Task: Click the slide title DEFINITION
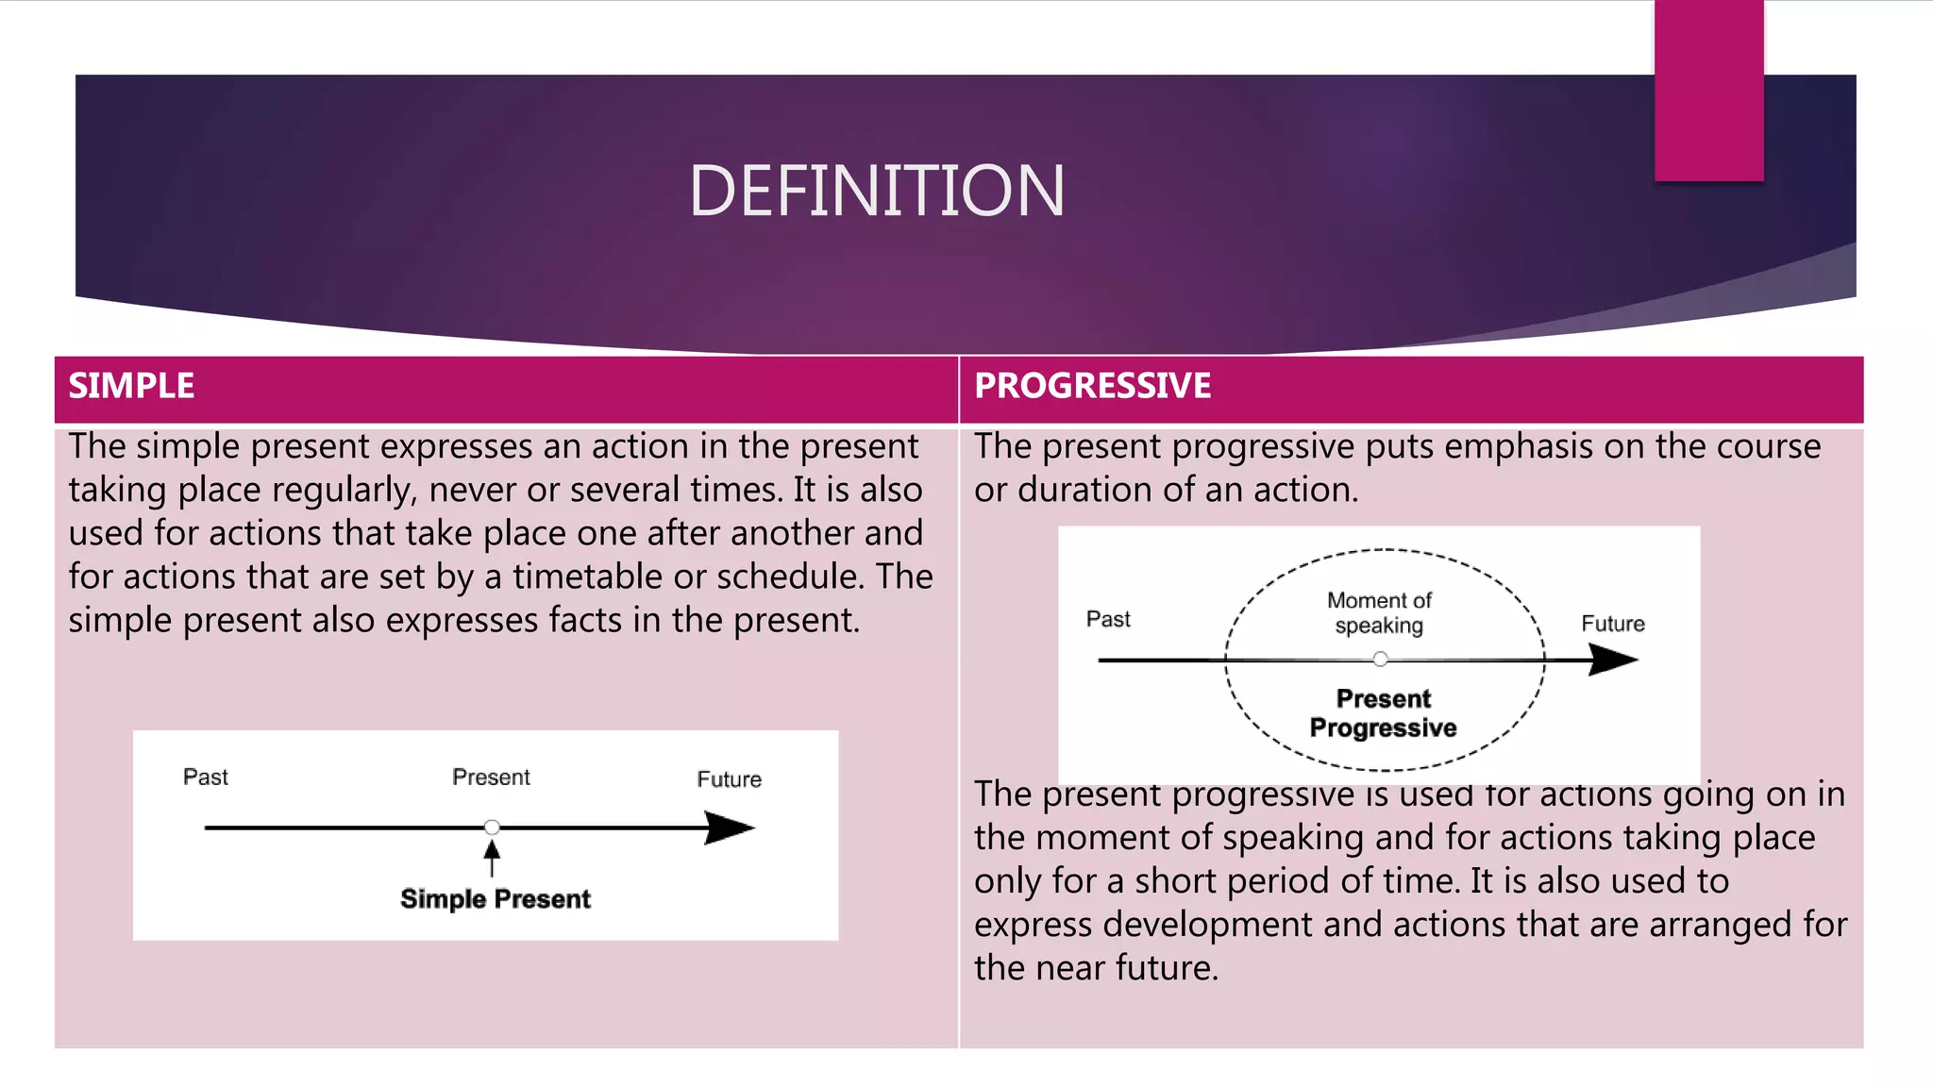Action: (877, 192)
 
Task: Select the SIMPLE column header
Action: (131, 386)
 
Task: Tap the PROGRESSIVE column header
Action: (1092, 386)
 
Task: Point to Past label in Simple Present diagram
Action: (205, 778)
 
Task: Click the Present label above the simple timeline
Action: (491, 778)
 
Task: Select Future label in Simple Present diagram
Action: (729, 779)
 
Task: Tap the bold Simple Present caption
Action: (496, 899)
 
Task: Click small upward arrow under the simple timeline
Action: (492, 857)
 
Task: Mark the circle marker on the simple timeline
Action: (492, 828)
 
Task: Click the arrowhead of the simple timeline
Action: (731, 828)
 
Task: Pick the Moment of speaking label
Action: (1379, 613)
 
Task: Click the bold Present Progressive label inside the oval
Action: (1383, 713)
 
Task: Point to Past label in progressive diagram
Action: (1108, 620)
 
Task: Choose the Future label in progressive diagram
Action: (1612, 624)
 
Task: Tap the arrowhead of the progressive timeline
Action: (1614, 660)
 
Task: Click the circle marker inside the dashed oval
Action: (1380, 660)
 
